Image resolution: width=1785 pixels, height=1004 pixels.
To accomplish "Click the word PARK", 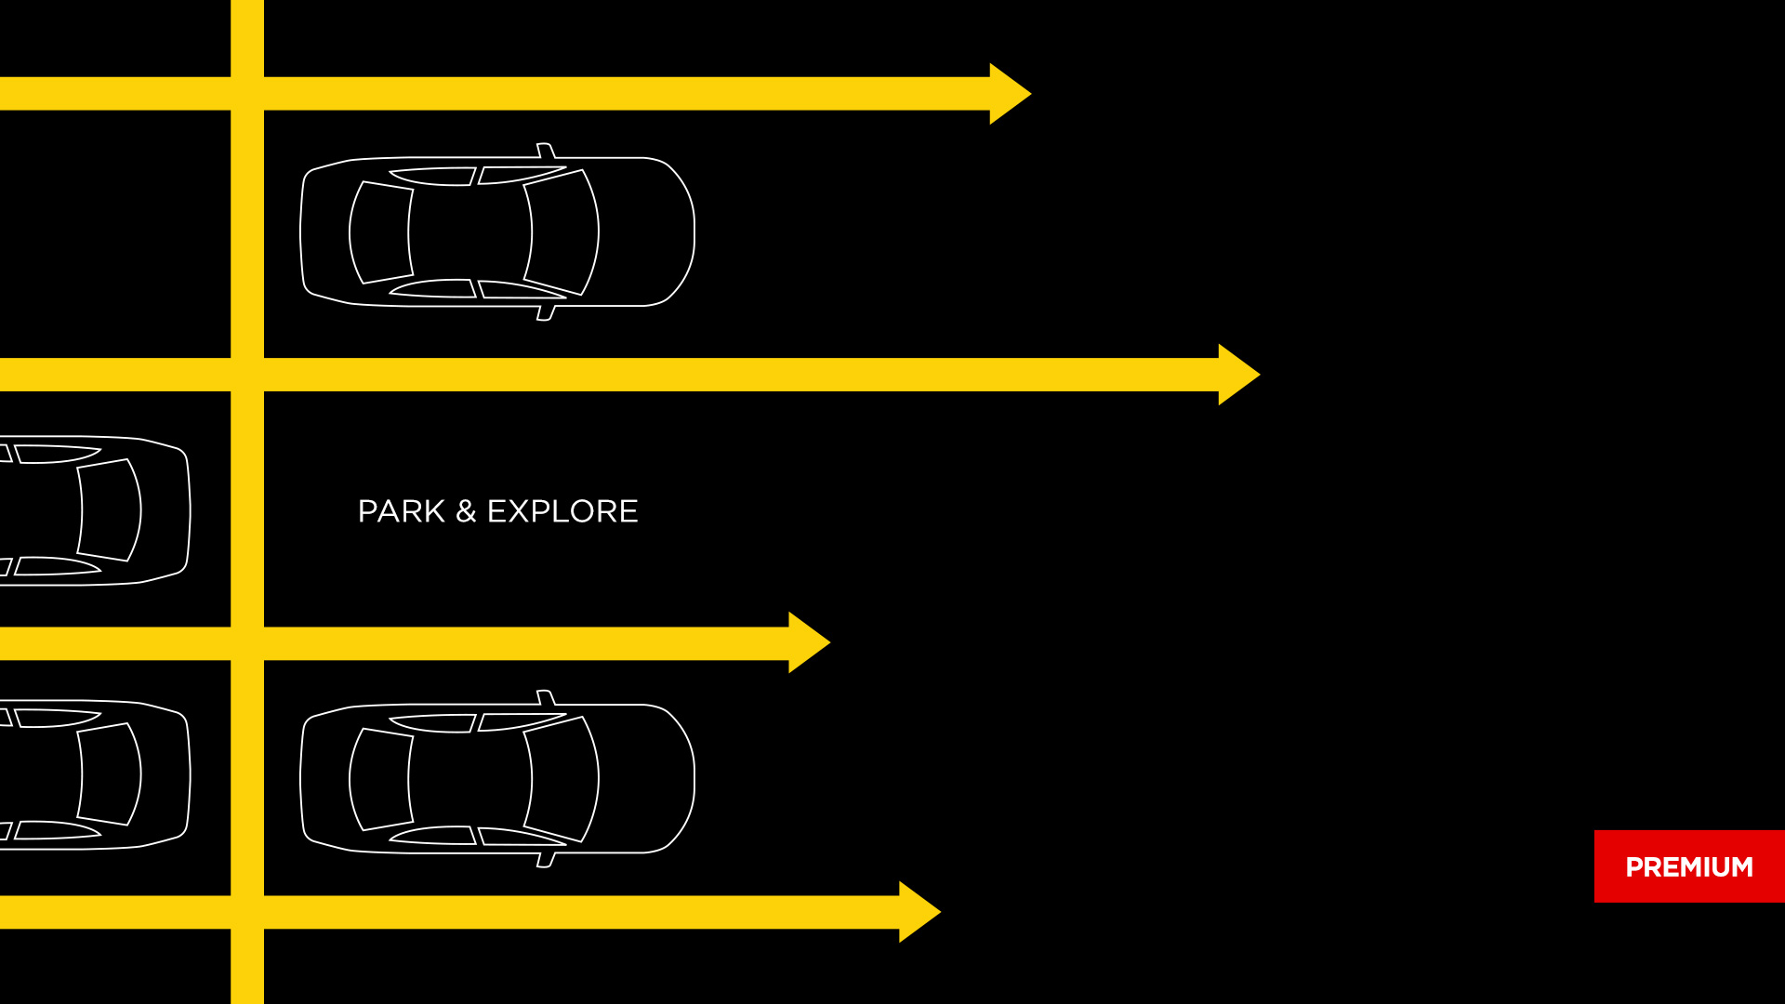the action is (402, 511).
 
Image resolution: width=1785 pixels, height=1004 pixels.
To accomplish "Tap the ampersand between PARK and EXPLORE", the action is (466, 511).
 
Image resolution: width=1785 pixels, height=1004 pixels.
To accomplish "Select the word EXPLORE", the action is (562, 511).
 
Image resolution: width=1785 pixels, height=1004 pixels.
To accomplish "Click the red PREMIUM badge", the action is (1689, 866).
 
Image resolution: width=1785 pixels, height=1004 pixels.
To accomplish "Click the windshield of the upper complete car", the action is (562, 231).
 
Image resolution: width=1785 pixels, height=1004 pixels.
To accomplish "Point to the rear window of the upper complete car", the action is (381, 232).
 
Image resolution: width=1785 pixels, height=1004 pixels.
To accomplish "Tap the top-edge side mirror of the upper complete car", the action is (546, 151).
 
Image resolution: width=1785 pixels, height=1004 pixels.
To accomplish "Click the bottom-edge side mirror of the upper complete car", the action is (546, 313).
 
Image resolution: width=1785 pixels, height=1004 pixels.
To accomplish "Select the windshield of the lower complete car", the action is (562, 778).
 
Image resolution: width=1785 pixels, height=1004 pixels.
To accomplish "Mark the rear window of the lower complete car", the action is (381, 779).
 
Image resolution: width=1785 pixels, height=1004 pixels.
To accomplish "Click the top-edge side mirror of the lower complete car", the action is (546, 697).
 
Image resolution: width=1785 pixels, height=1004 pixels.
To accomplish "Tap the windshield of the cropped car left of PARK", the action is (109, 510).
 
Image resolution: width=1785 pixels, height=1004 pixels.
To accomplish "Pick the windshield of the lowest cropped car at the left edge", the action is (109, 774).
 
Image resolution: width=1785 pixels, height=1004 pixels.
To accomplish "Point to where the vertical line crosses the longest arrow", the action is (247, 375).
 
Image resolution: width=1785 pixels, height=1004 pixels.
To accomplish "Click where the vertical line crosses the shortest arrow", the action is (247, 643).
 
